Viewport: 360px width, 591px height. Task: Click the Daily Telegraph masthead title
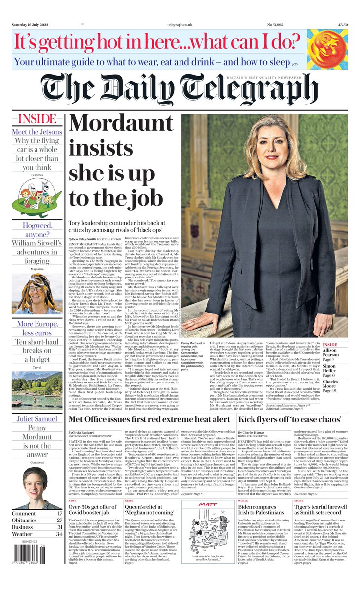pyautogui.click(x=180, y=91)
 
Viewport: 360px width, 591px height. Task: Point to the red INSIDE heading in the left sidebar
pyautogui.click(x=37, y=119)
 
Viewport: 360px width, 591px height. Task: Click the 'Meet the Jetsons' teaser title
pyautogui.click(x=37, y=132)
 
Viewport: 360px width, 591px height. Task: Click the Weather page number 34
pyautogui.click(x=59, y=534)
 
